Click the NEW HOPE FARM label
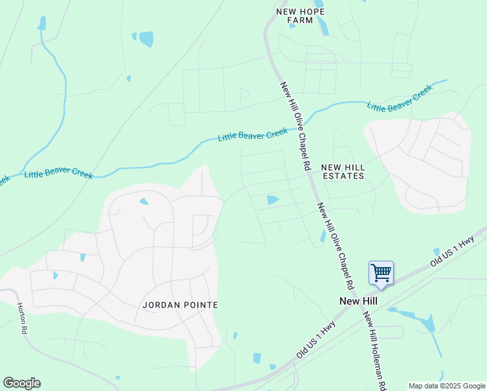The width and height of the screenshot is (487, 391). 300,16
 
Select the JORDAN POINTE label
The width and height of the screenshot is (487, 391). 180,304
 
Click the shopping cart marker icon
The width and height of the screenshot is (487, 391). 381,272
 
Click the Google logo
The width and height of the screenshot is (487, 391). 21,383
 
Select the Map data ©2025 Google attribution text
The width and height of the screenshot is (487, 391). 447,386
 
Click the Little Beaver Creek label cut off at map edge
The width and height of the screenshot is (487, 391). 4,179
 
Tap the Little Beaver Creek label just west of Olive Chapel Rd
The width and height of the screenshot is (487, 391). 253,135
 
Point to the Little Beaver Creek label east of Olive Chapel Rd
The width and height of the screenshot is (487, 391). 400,98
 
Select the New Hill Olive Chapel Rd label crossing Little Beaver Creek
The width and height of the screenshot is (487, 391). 296,126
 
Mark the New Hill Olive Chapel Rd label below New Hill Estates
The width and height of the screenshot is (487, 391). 335,246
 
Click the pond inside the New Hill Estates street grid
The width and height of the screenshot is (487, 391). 272,200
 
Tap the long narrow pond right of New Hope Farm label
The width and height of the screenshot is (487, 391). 322,25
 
